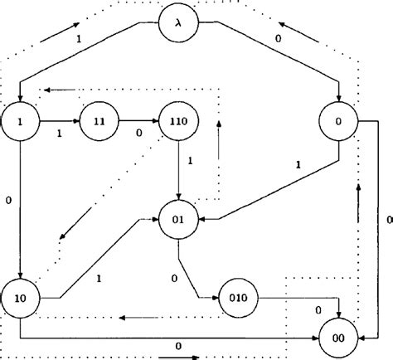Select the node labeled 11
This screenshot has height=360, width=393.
pos(99,123)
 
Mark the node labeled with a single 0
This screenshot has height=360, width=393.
pos(338,124)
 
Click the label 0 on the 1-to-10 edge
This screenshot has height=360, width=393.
pos(7,199)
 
